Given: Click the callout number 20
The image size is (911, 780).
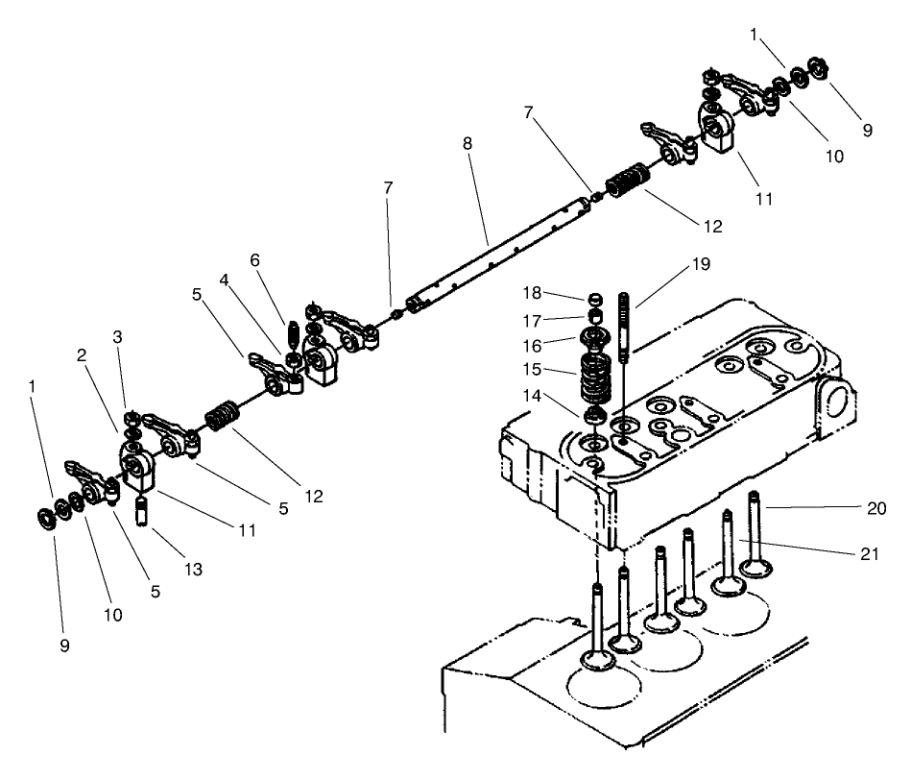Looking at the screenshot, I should [875, 508].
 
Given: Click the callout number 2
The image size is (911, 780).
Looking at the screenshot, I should [84, 354].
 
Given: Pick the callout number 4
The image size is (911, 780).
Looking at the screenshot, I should [223, 280].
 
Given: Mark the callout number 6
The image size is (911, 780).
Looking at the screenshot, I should [255, 260].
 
